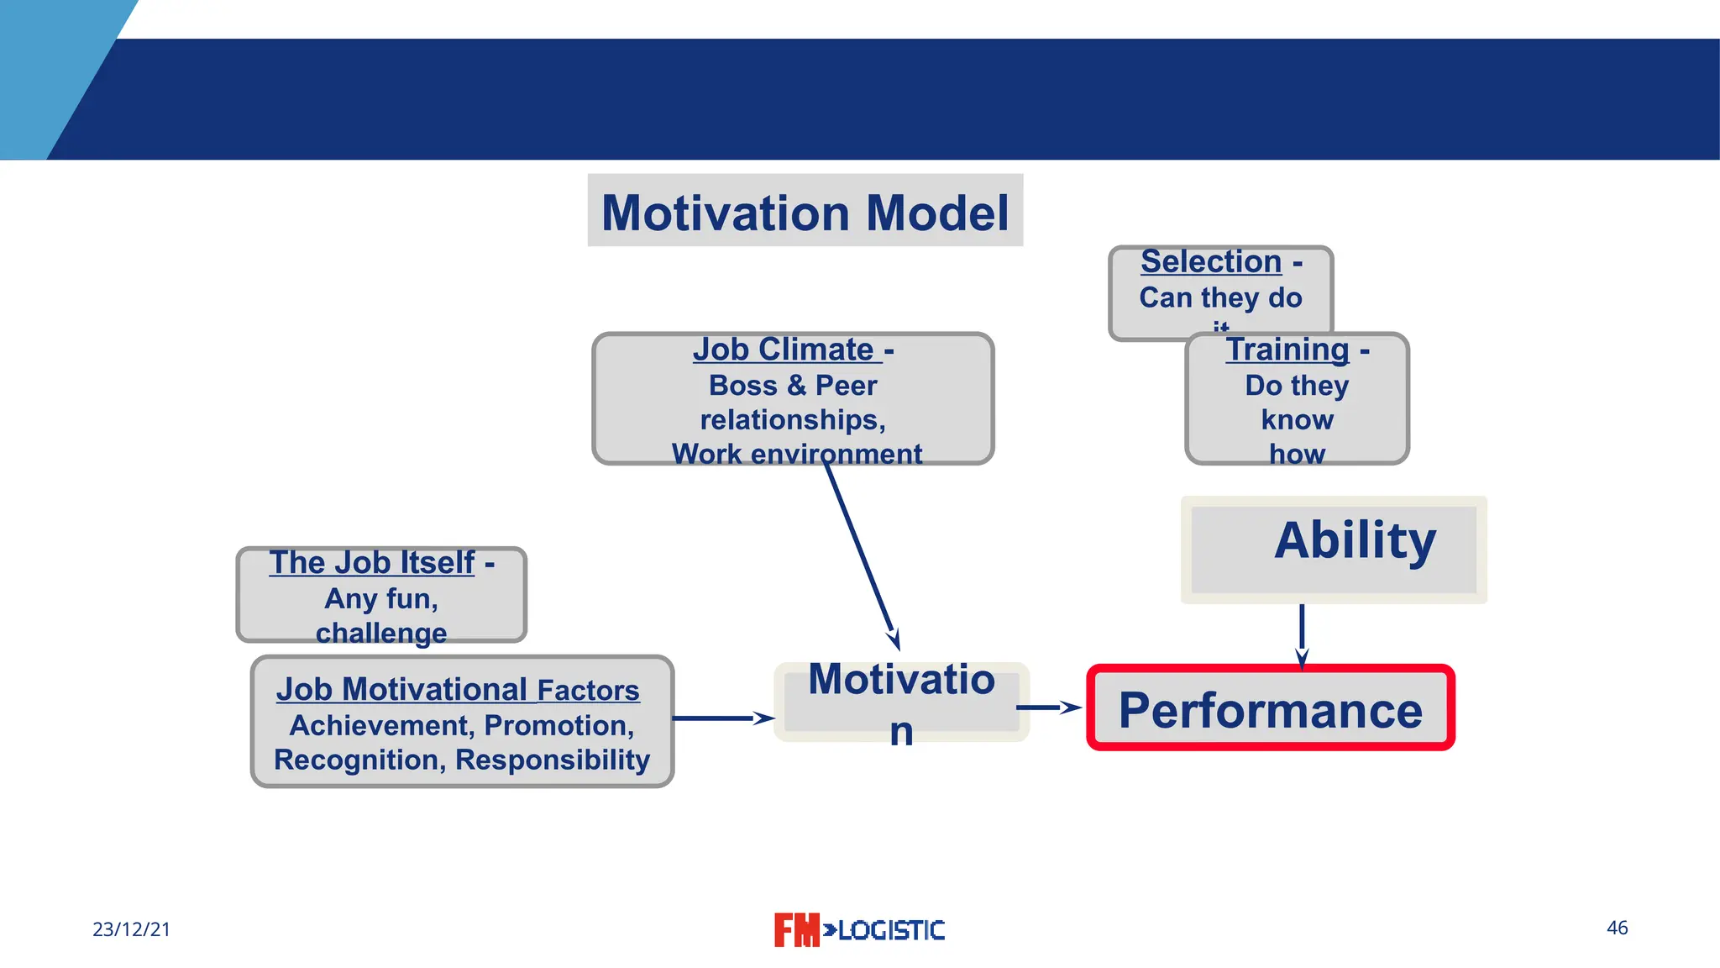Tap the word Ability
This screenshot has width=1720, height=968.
pyautogui.click(x=1354, y=540)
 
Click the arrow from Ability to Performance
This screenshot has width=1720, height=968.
pyautogui.click(x=1302, y=634)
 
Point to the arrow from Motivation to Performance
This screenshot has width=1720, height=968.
pyautogui.click(x=1048, y=708)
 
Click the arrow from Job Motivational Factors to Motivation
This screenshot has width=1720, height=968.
pyautogui.click(x=722, y=718)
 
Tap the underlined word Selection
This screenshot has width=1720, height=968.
pyautogui.click(x=1210, y=262)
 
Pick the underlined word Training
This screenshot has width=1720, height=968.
pyautogui.click(x=1287, y=350)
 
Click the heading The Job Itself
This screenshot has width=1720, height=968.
pyautogui.click(x=372, y=563)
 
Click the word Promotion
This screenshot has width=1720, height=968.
pyautogui.click(x=558, y=725)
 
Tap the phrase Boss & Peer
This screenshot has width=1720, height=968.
pyautogui.click(x=792, y=386)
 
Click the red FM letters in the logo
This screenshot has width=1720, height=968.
pyautogui.click(x=795, y=930)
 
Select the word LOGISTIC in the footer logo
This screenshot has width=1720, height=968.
pyautogui.click(x=890, y=930)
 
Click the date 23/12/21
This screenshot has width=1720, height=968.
pyautogui.click(x=131, y=929)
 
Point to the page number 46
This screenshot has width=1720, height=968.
pyautogui.click(x=1617, y=928)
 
